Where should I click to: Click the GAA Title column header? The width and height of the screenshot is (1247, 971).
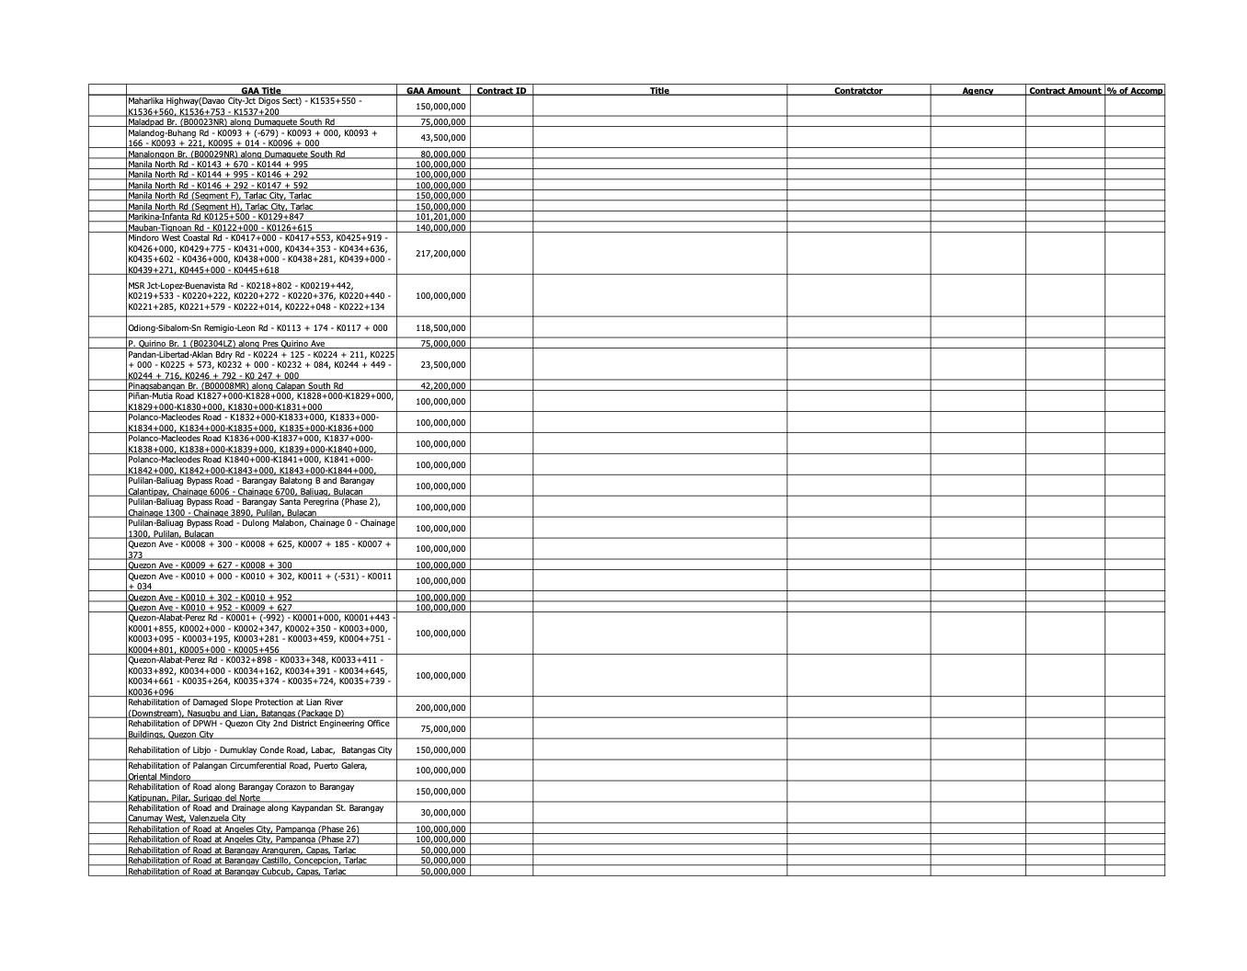point(261,91)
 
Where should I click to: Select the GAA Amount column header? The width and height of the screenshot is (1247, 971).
point(433,91)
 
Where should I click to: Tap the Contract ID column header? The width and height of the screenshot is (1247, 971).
point(501,91)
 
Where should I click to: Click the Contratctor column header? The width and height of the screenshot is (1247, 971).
point(858,91)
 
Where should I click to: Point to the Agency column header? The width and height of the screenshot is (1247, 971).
point(978,91)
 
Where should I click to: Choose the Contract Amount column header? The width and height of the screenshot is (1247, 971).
point(1065,91)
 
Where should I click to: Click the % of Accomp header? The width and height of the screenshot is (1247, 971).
point(1135,91)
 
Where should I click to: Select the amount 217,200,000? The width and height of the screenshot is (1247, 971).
point(440,254)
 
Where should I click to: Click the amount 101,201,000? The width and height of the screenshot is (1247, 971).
point(440,217)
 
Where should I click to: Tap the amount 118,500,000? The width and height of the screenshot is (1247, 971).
point(440,328)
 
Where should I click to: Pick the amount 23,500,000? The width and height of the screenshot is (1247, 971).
point(442,365)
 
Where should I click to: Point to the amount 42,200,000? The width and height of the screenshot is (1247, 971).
point(442,386)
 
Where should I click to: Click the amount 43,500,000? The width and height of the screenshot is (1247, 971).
point(442,138)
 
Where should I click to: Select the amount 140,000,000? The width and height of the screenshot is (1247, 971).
point(440,228)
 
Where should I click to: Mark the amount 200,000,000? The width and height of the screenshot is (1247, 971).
point(440,708)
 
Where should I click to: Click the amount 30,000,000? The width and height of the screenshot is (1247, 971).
point(442,813)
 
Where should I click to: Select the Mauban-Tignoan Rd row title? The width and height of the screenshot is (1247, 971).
point(220,228)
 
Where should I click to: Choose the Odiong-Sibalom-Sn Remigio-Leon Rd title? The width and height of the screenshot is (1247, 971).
point(257,328)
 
